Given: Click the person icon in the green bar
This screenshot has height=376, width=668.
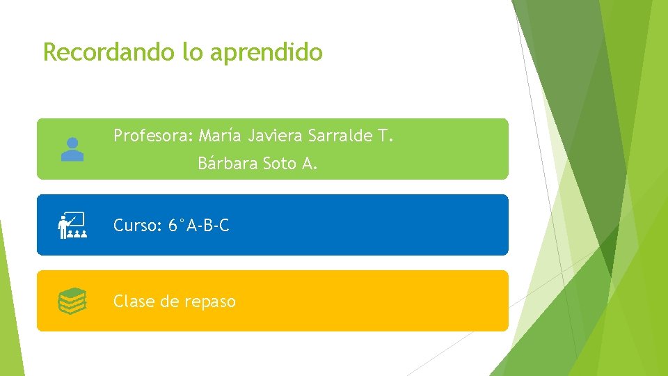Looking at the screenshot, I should pos(72,149).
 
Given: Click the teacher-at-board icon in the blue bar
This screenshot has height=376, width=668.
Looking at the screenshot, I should pos(72,226).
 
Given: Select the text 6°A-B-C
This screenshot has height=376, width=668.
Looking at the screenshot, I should pos(198,226).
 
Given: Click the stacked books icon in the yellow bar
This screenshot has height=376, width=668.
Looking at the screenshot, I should pos(72,301).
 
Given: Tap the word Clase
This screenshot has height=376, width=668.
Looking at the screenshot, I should pos(134,301).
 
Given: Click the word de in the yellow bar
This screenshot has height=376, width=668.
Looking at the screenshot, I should pos(170,301).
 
